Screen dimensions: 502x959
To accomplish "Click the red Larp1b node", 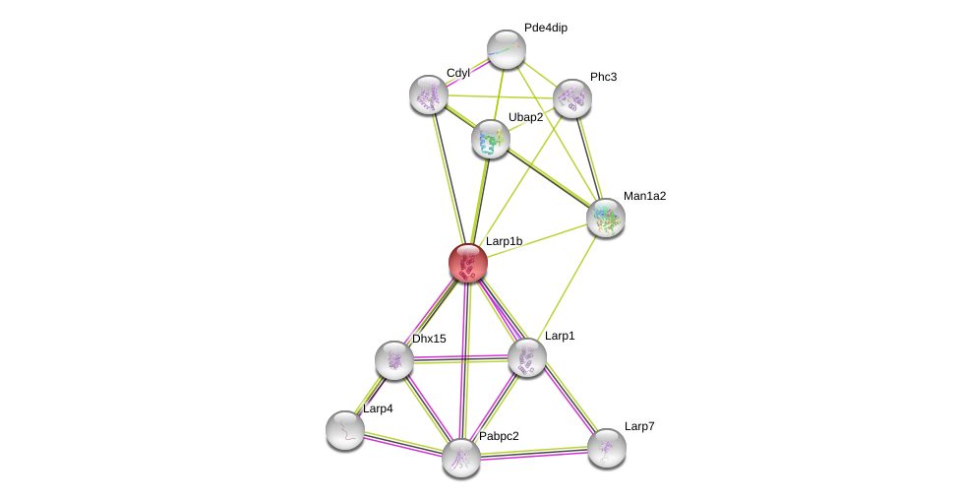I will pos(468,263).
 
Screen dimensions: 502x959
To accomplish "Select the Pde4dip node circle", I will pos(507,49).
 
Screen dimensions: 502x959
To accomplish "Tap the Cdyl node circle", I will pos(429,94).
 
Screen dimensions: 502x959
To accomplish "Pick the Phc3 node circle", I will pos(572,98).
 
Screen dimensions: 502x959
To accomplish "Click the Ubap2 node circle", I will pos(491,139).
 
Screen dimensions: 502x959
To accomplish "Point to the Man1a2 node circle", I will pos(606,218).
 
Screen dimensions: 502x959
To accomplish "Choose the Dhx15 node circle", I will pos(394,360).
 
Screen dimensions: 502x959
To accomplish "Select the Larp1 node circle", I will pos(527,357).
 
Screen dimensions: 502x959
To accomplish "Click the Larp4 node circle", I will pos(345,430).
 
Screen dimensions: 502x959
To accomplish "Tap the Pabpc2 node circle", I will pos(461,458).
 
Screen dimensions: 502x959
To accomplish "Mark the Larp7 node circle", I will pos(607,448).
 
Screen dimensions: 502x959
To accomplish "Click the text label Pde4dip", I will pos(545,28).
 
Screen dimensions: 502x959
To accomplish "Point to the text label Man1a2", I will pos(644,196).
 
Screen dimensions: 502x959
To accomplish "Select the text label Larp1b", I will pos(504,241).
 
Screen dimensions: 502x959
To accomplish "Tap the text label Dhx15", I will pos(429,339).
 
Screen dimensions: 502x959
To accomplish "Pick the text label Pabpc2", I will pos(499,436).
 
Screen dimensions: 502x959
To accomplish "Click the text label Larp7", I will pos(639,426).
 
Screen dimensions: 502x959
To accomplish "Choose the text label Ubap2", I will pos(525,117).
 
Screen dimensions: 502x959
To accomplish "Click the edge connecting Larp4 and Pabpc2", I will pos(403,444).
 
